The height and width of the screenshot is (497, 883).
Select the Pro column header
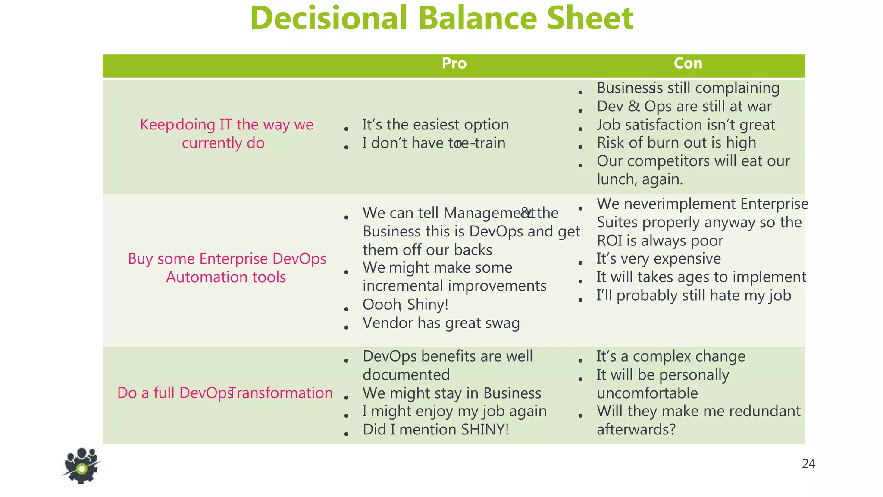[454, 63]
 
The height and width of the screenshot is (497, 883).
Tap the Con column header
[688, 63]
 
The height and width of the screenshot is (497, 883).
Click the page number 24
[808, 464]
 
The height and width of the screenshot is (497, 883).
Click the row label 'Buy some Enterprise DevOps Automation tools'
[227, 267]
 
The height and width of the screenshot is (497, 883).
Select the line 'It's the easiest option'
[435, 125]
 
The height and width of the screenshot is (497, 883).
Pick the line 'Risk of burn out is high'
[676, 143]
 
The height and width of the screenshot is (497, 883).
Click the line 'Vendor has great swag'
[441, 323]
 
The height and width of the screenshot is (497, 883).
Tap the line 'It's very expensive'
[658, 259]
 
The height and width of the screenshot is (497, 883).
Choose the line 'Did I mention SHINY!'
[435, 430]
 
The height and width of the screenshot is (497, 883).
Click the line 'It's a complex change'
[670, 357]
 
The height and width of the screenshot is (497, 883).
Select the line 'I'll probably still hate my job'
[693, 296]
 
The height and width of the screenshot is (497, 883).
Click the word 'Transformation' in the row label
[281, 393]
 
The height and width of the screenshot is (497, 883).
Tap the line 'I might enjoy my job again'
[454, 411]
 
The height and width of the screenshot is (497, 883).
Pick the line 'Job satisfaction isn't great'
[686, 125]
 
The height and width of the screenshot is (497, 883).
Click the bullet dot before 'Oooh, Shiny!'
[346, 309]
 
